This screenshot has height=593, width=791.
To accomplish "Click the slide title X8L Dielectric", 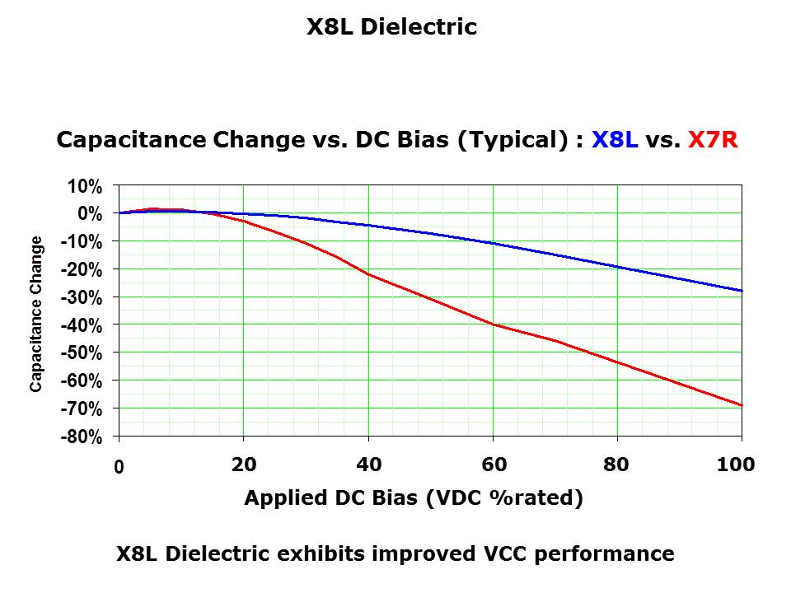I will point(391,27).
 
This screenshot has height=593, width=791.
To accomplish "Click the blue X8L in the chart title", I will point(615,140).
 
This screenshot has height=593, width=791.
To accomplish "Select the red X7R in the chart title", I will point(713,140).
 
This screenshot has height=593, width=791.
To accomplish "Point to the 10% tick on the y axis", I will point(85,186).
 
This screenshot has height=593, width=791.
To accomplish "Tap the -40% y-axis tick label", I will point(82,325).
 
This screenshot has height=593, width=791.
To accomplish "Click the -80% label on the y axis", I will point(82,437).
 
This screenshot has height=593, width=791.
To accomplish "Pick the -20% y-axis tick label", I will point(82,269).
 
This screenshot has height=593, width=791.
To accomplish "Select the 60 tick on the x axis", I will point(494,465).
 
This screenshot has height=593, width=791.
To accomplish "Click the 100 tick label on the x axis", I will point(736,465).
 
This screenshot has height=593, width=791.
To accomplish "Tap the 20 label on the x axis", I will point(244,465).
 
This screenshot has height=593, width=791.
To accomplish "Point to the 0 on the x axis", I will point(119,467).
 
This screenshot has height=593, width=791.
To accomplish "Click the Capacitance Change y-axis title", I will point(36,314).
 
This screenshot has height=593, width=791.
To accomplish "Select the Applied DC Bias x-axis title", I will point(414,498).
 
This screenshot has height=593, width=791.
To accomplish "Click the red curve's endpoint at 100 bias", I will point(742,405).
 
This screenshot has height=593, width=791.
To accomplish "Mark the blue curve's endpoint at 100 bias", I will point(742,291).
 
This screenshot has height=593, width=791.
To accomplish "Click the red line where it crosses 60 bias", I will point(493,324).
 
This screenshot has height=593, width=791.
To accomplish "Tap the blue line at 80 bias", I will point(617,267).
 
